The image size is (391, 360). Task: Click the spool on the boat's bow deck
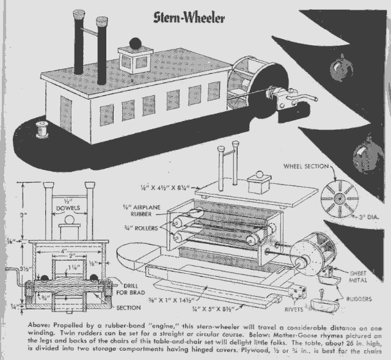[x=42, y=129]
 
